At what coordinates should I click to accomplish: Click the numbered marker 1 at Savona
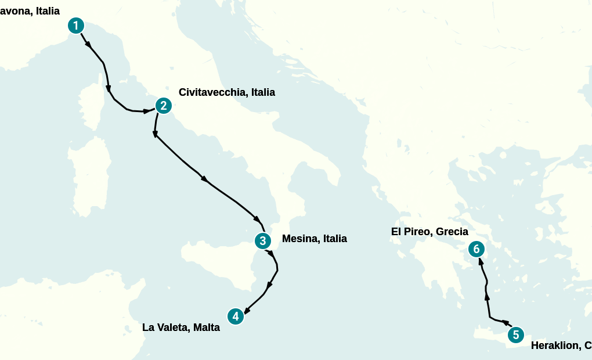76,26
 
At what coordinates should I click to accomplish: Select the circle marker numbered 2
164,106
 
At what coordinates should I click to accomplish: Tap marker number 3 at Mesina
262,240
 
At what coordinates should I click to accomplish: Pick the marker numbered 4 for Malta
235,316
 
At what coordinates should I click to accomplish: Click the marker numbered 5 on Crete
515,335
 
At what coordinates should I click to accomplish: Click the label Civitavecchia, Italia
226,92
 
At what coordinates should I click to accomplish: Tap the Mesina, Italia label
314,239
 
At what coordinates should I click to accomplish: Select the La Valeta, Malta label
181,327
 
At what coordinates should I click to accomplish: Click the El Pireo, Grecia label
429,232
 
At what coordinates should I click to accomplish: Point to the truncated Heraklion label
561,345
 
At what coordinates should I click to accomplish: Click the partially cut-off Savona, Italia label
30,11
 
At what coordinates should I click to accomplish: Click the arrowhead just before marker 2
147,110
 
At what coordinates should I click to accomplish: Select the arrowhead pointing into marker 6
480,261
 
